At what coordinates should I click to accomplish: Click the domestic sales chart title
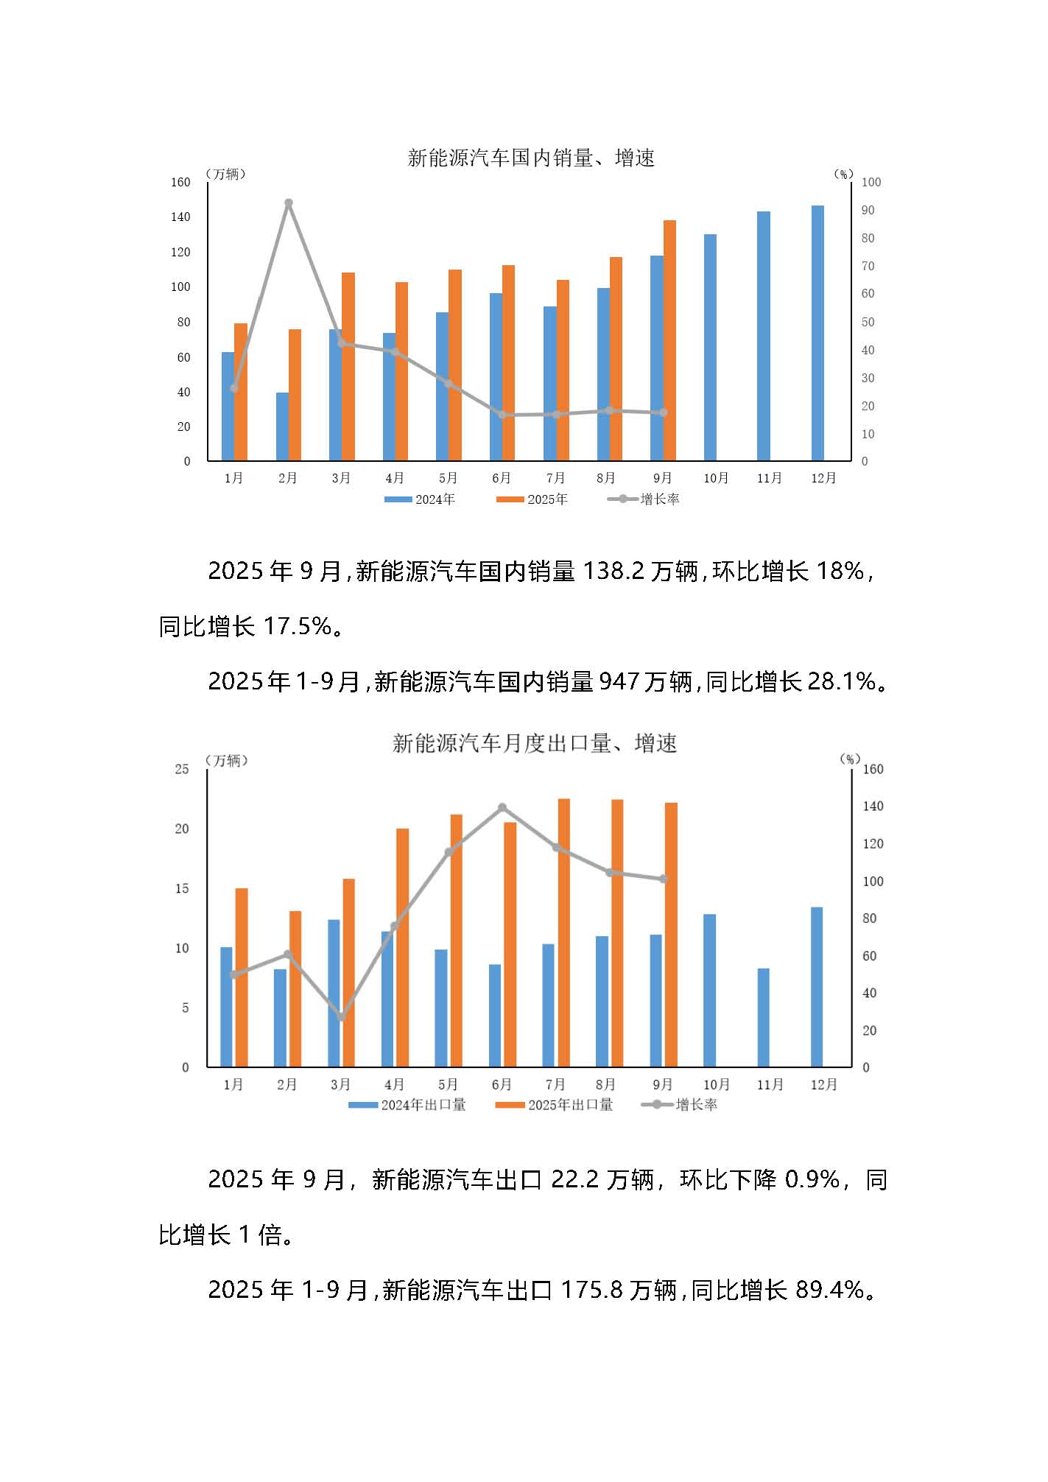pyautogui.click(x=530, y=158)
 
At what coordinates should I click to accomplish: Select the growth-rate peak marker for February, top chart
pyautogui.click(x=289, y=203)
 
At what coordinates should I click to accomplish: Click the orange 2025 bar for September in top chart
pyautogui.click(x=669, y=340)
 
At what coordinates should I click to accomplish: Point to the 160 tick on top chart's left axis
pyautogui.click(x=180, y=182)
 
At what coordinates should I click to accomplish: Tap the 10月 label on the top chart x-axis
pyautogui.click(x=716, y=479)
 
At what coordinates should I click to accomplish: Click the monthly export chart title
pyautogui.click(x=534, y=744)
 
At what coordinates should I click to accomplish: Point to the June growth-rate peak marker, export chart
pyautogui.click(x=502, y=808)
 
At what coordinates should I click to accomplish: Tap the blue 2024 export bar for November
pyautogui.click(x=764, y=1017)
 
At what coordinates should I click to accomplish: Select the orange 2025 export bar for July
pyautogui.click(x=563, y=933)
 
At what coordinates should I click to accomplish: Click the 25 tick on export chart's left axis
pyautogui.click(x=181, y=769)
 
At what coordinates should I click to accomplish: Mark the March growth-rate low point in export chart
pyautogui.click(x=341, y=1017)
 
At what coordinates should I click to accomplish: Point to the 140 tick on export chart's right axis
pyautogui.click(x=873, y=807)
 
